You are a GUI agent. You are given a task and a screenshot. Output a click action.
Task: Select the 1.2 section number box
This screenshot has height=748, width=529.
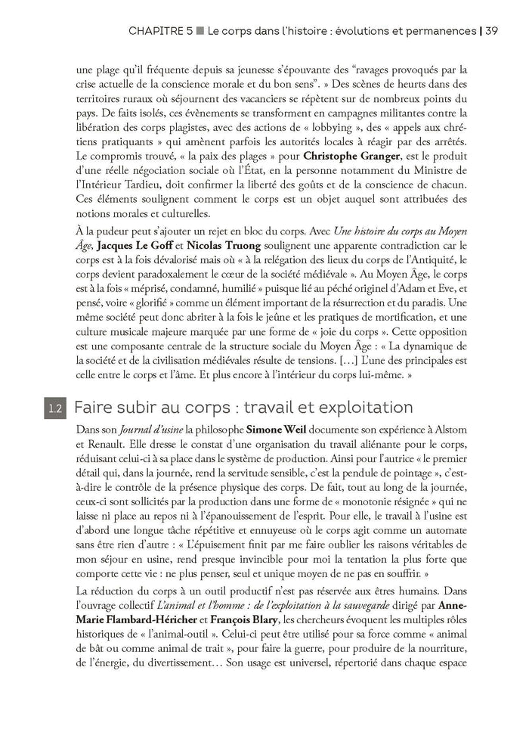(x=55, y=408)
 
